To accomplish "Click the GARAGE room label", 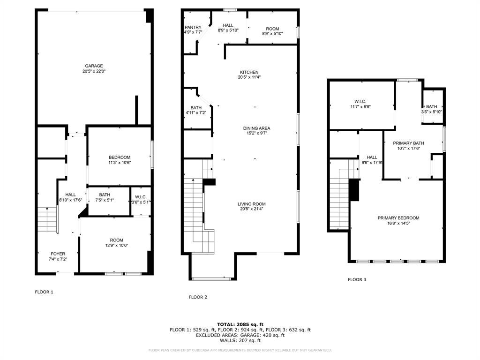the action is pyautogui.click(x=94, y=66).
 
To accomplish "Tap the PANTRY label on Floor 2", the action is pyautogui.click(x=193, y=28).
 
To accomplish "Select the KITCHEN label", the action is pyautogui.click(x=249, y=72).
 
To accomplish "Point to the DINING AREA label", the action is pyautogui.click(x=256, y=128).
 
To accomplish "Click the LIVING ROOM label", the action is pyautogui.click(x=252, y=204).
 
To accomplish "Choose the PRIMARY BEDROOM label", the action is pyautogui.click(x=398, y=218).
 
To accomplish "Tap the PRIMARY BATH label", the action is pyautogui.click(x=408, y=143).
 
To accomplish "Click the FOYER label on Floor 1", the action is pyautogui.click(x=58, y=254).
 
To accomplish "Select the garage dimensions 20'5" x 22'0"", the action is pyautogui.click(x=94, y=71).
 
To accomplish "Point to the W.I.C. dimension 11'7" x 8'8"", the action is pyautogui.click(x=360, y=107).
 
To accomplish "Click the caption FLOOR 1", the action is pyautogui.click(x=44, y=292).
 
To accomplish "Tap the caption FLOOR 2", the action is pyautogui.click(x=198, y=297).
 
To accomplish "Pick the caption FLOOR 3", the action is pyautogui.click(x=357, y=279).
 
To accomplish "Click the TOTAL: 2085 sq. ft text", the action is pyautogui.click(x=240, y=324).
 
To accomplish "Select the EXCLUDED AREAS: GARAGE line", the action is pyautogui.click(x=240, y=335).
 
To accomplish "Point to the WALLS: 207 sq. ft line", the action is pyautogui.click(x=240, y=340).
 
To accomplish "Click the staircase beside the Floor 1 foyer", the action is pyautogui.click(x=47, y=219).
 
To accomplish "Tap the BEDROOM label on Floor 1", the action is pyautogui.click(x=120, y=157).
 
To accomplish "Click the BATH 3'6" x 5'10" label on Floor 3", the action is pyautogui.click(x=432, y=109).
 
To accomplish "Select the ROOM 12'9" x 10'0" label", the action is pyautogui.click(x=117, y=243).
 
